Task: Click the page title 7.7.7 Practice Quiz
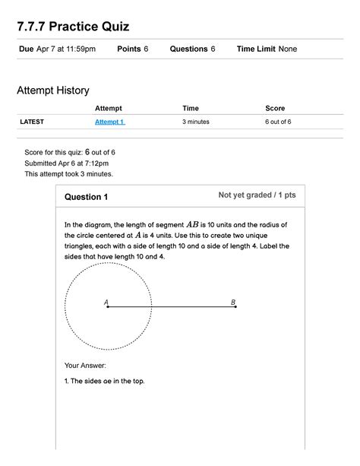point(73,27)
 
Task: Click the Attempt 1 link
point(109,122)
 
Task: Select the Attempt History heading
point(53,90)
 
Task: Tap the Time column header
point(191,109)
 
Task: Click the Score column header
point(275,109)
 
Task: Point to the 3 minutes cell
point(198,122)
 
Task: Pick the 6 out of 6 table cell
point(281,122)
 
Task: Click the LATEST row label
point(32,122)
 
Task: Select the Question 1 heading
point(86,197)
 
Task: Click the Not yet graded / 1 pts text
point(257,195)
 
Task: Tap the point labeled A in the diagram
point(107,307)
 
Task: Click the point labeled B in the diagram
point(235,307)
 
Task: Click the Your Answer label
point(85,365)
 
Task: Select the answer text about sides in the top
point(104,381)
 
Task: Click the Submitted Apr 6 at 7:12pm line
point(67,163)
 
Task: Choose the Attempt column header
point(109,109)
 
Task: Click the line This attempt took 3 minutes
point(69,173)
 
